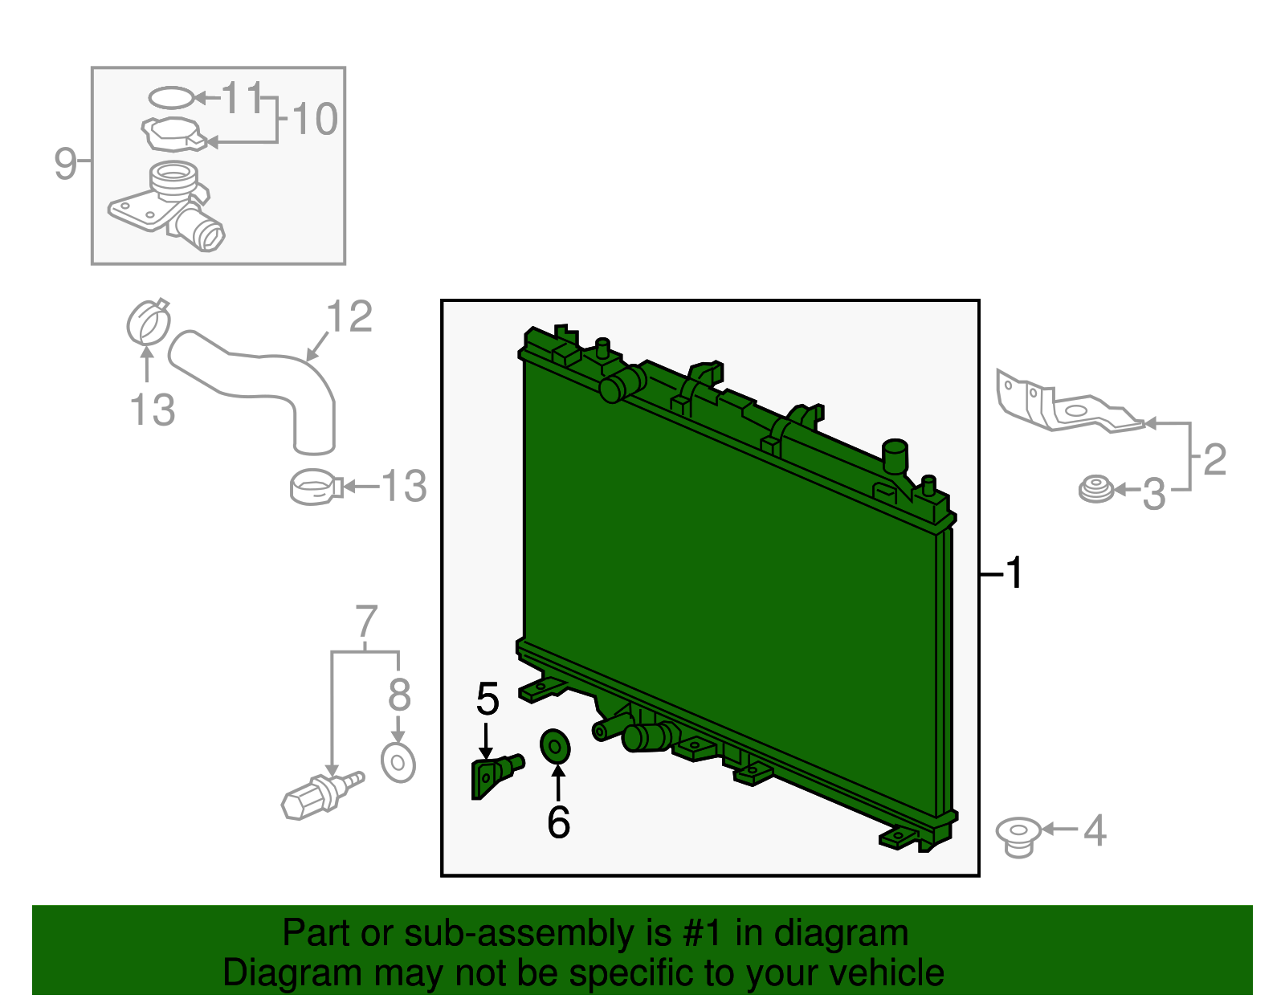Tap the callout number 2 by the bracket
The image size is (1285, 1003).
point(1214,459)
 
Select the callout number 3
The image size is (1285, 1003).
point(1154,494)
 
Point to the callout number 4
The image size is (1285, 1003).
point(1095,830)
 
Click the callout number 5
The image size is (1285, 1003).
point(487,699)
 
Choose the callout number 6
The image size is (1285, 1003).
point(559,822)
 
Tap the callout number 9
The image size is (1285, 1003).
point(66,163)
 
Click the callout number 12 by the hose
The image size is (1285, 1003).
point(349,316)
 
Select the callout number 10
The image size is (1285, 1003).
point(315,119)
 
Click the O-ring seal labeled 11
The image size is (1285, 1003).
point(171,98)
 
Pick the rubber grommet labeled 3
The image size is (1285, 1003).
point(1095,489)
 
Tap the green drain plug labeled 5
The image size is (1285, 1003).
point(496,776)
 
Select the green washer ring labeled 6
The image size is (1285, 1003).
point(555,747)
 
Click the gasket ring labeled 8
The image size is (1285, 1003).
point(398,763)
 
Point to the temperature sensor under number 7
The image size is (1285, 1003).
point(322,796)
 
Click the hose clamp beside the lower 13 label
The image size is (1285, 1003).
point(316,487)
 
